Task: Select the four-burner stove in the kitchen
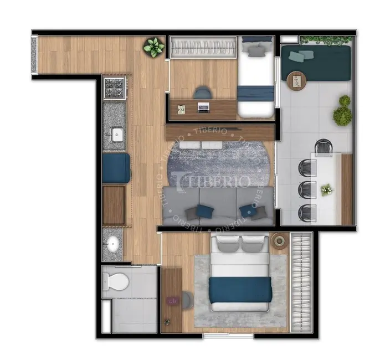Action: pyautogui.click(x=114, y=88)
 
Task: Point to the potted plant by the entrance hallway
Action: pyautogui.click(x=153, y=47)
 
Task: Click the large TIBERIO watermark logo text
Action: pyautogui.click(x=212, y=179)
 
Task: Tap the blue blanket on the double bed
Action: pyautogui.click(x=240, y=290)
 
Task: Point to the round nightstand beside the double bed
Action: pyautogui.click(x=279, y=241)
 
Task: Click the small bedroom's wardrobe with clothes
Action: pyautogui.click(x=203, y=47)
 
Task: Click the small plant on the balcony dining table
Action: pyautogui.click(x=327, y=190)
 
